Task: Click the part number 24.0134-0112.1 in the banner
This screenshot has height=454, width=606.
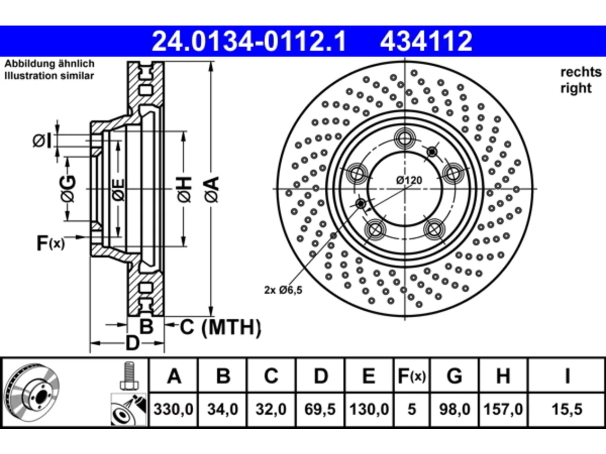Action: coord(249,41)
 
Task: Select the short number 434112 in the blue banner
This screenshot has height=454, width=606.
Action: coord(426,41)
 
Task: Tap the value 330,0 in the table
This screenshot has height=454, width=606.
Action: coord(173,409)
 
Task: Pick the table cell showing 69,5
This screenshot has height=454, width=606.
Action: coord(320,409)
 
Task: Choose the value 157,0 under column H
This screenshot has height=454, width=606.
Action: coord(503,409)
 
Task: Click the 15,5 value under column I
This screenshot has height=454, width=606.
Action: coord(567,409)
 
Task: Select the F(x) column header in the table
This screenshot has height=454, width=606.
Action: coord(411,376)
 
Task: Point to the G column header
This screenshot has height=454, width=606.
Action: coord(454,376)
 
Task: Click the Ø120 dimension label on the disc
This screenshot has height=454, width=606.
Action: coord(409,181)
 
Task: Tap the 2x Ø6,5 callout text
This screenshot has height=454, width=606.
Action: coord(283,290)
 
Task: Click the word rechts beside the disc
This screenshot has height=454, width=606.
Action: coord(581,72)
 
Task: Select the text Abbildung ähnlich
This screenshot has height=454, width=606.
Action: coord(49,64)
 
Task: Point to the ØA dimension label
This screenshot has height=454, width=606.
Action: coord(212,189)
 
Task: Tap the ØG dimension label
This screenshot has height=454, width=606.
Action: coord(68,189)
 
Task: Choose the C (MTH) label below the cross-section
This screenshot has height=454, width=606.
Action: coord(220,327)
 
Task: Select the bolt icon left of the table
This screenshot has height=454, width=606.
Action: coord(129,376)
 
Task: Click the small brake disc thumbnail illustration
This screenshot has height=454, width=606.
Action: coord(32,393)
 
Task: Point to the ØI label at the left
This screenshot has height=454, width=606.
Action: coord(42,141)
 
